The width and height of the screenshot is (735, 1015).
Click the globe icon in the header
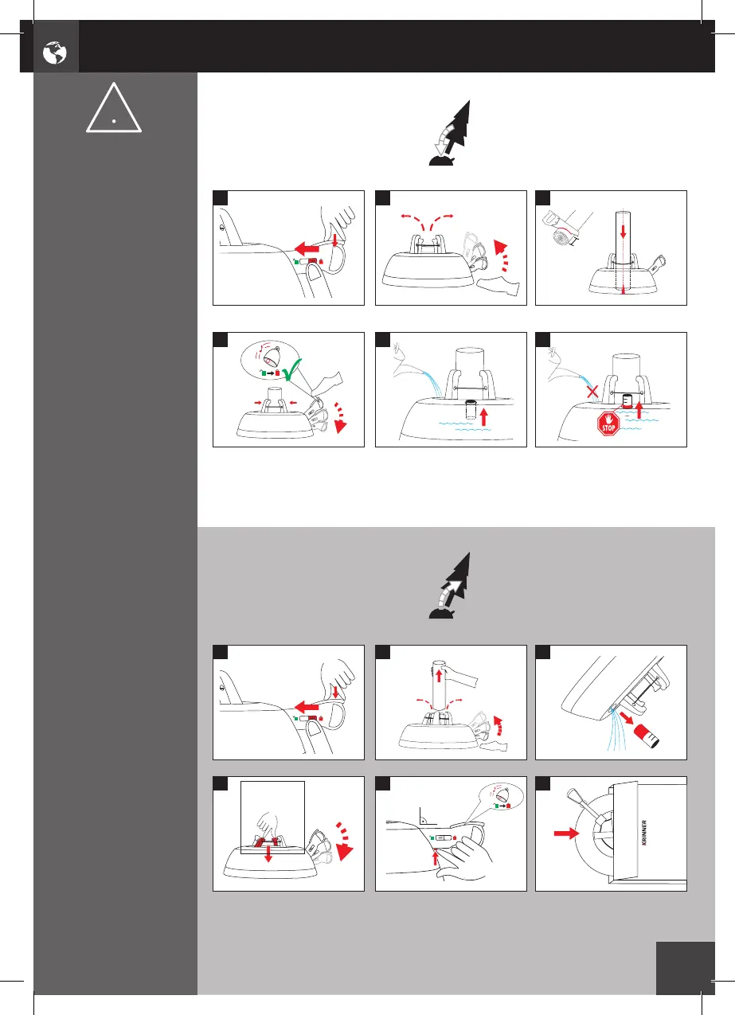[x=55, y=53]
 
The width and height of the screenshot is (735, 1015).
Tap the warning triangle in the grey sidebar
[x=115, y=111]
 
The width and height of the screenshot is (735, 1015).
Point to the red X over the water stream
[x=591, y=391]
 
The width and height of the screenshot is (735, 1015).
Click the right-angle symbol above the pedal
[x=424, y=816]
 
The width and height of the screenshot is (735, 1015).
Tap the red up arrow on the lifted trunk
[x=437, y=681]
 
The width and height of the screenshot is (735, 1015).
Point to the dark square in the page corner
[x=686, y=968]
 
